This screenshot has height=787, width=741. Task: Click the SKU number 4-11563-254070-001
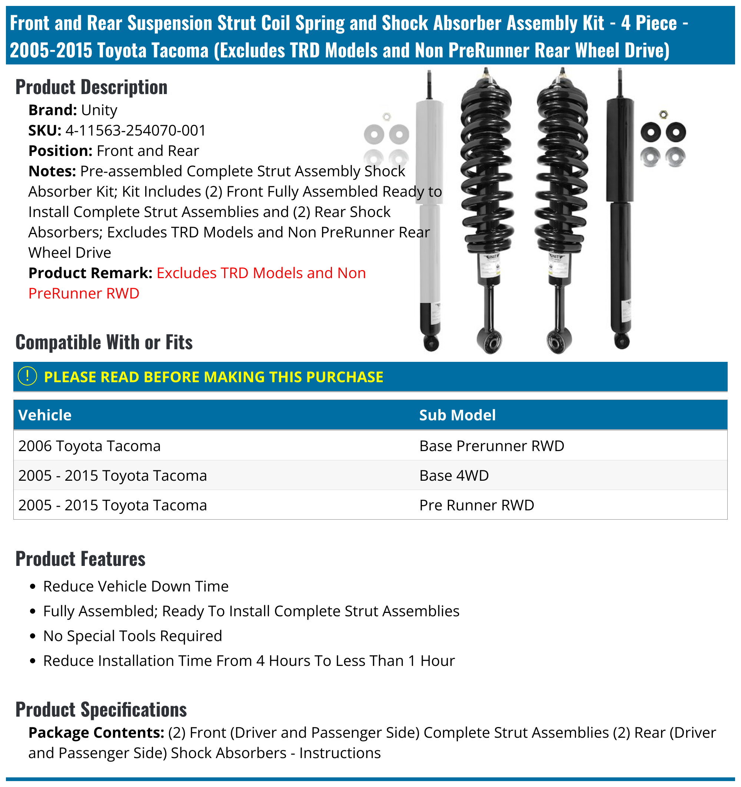coord(136,131)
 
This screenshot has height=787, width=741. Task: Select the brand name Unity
coord(99,110)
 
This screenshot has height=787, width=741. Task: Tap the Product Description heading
coord(92,87)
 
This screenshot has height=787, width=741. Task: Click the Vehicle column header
coord(45,415)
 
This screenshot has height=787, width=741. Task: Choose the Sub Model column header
coord(458,415)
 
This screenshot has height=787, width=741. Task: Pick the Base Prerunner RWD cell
coord(492,446)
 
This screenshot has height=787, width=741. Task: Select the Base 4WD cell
coord(454,476)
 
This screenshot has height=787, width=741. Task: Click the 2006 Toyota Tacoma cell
coord(90,446)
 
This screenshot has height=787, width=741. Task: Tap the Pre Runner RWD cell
coord(476,506)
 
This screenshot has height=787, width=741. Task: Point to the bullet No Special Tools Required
coord(133,636)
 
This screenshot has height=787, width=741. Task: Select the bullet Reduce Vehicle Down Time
coord(136,587)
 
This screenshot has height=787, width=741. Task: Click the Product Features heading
coord(80,559)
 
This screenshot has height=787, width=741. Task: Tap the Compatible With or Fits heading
coord(104,343)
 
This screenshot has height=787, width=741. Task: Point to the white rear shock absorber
coord(430,206)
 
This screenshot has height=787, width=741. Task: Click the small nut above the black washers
coord(663,115)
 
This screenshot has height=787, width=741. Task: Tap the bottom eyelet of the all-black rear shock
coord(622,341)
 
